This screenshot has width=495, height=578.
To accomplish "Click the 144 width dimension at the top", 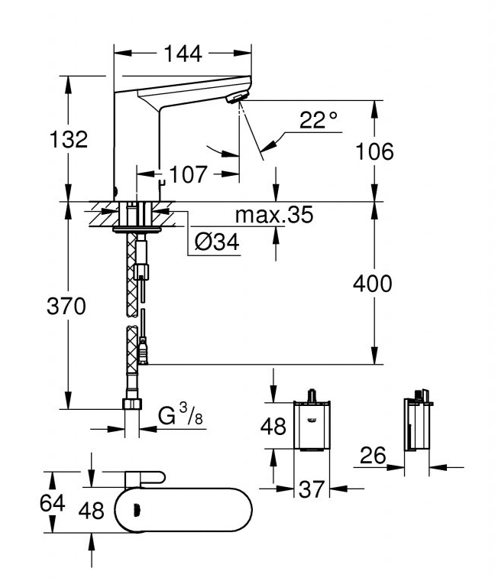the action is point(183,54).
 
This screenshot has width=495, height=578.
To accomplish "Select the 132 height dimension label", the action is point(69,139).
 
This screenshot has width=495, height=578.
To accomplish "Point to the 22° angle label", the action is point(319,119).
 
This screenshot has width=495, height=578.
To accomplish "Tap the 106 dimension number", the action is point(374,151).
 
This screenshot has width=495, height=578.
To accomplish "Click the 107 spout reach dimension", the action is point(188,174).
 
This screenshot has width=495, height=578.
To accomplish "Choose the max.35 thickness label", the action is point(274,215).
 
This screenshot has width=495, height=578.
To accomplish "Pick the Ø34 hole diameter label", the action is point(217,242).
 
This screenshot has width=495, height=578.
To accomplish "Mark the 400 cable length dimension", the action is point(372,284).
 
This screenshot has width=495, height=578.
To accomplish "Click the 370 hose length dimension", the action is point(66,307).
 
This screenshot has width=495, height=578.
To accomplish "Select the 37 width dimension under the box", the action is point(311,489).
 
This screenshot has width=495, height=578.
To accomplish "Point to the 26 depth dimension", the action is point(372,455).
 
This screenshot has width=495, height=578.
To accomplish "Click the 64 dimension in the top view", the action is point(52,503).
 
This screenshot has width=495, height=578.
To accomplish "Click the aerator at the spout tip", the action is point(237,98).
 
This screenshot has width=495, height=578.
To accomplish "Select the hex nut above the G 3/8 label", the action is point(132,404).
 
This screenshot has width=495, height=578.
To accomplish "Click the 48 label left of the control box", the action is point(273,427).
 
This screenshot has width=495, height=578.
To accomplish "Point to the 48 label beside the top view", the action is point(91,511).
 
